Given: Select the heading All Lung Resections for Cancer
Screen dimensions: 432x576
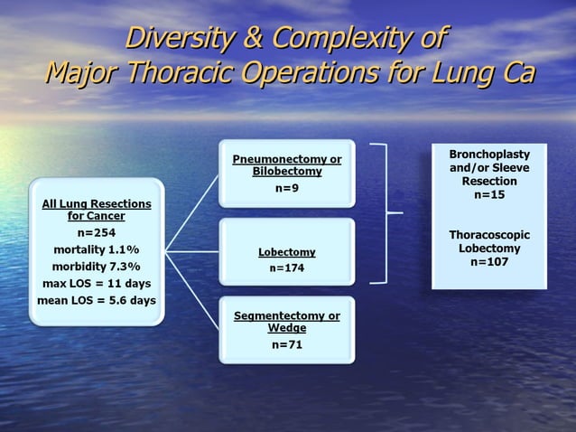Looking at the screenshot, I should [x=97, y=210].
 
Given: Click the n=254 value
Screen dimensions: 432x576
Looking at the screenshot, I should [x=97, y=231].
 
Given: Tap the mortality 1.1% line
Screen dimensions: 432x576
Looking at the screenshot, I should [x=97, y=249].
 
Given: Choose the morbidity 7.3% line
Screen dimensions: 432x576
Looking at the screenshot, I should [x=97, y=267].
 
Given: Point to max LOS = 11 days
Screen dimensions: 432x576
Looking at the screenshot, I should [x=97, y=284].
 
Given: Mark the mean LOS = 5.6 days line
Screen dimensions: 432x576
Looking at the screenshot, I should [x=97, y=301].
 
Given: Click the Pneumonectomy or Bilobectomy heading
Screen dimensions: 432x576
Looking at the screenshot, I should [x=286, y=164].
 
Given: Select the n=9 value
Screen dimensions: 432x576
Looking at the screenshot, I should [x=286, y=188].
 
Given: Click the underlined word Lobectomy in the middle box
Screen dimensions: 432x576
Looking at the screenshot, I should [x=286, y=252].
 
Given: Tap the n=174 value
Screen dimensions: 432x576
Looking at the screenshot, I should [x=286, y=268].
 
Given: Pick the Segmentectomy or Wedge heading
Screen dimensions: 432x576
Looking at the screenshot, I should [x=286, y=322].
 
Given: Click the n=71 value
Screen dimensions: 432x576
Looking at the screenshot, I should [x=286, y=344].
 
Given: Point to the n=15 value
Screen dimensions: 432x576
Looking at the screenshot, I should [x=489, y=195].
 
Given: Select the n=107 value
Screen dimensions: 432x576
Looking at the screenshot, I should [x=489, y=262].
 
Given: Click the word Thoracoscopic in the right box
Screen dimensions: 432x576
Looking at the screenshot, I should [x=489, y=235].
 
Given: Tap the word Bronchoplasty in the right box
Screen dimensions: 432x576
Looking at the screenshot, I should [x=489, y=155].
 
